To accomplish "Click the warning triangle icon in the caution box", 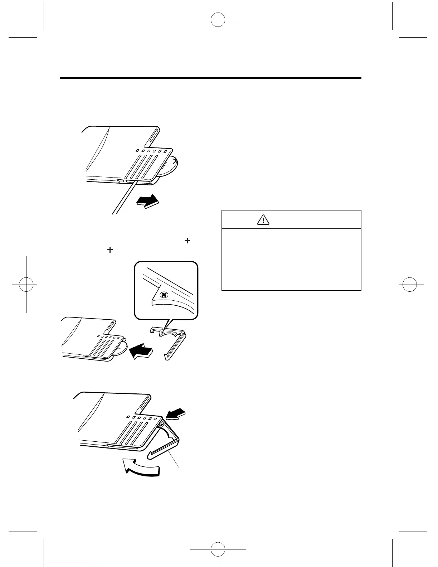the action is pyautogui.click(x=263, y=220).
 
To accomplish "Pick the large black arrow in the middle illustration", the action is pyautogui.click(x=141, y=350).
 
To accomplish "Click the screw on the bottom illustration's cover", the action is pyautogui.click(x=161, y=425).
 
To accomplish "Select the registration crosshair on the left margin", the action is pyautogui.click(x=26, y=285).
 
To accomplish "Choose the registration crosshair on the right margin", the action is pyautogui.click(x=409, y=285).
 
